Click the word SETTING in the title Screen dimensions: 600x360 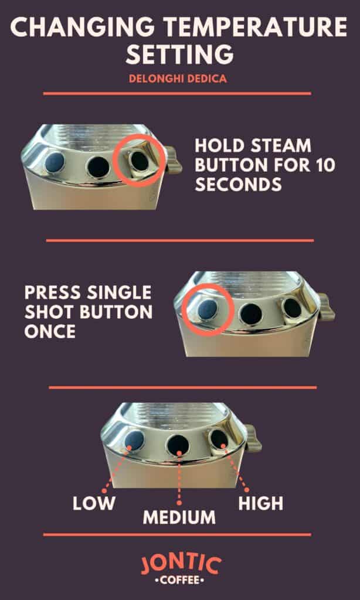(x=179, y=54)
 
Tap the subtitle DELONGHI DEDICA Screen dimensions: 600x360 (x=179, y=78)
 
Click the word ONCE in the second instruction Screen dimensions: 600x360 (x=50, y=331)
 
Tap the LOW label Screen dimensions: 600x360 (x=94, y=503)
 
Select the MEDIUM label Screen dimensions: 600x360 (x=179, y=517)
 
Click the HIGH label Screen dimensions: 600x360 (x=261, y=503)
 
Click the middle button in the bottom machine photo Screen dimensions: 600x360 (x=178, y=445)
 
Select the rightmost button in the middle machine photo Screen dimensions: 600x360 (x=291, y=307)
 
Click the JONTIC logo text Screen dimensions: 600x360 (x=180, y=565)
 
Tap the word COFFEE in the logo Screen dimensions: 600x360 (x=180, y=581)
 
